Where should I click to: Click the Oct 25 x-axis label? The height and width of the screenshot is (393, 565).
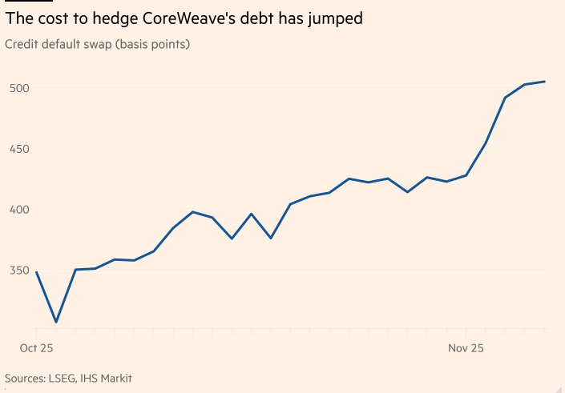click(35, 348)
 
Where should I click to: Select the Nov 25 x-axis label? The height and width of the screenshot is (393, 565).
click(465, 348)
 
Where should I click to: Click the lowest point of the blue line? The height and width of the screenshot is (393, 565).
click(56, 323)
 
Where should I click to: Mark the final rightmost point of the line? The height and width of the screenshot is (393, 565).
click(545, 82)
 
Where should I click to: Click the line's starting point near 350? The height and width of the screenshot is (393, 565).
click(36, 272)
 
